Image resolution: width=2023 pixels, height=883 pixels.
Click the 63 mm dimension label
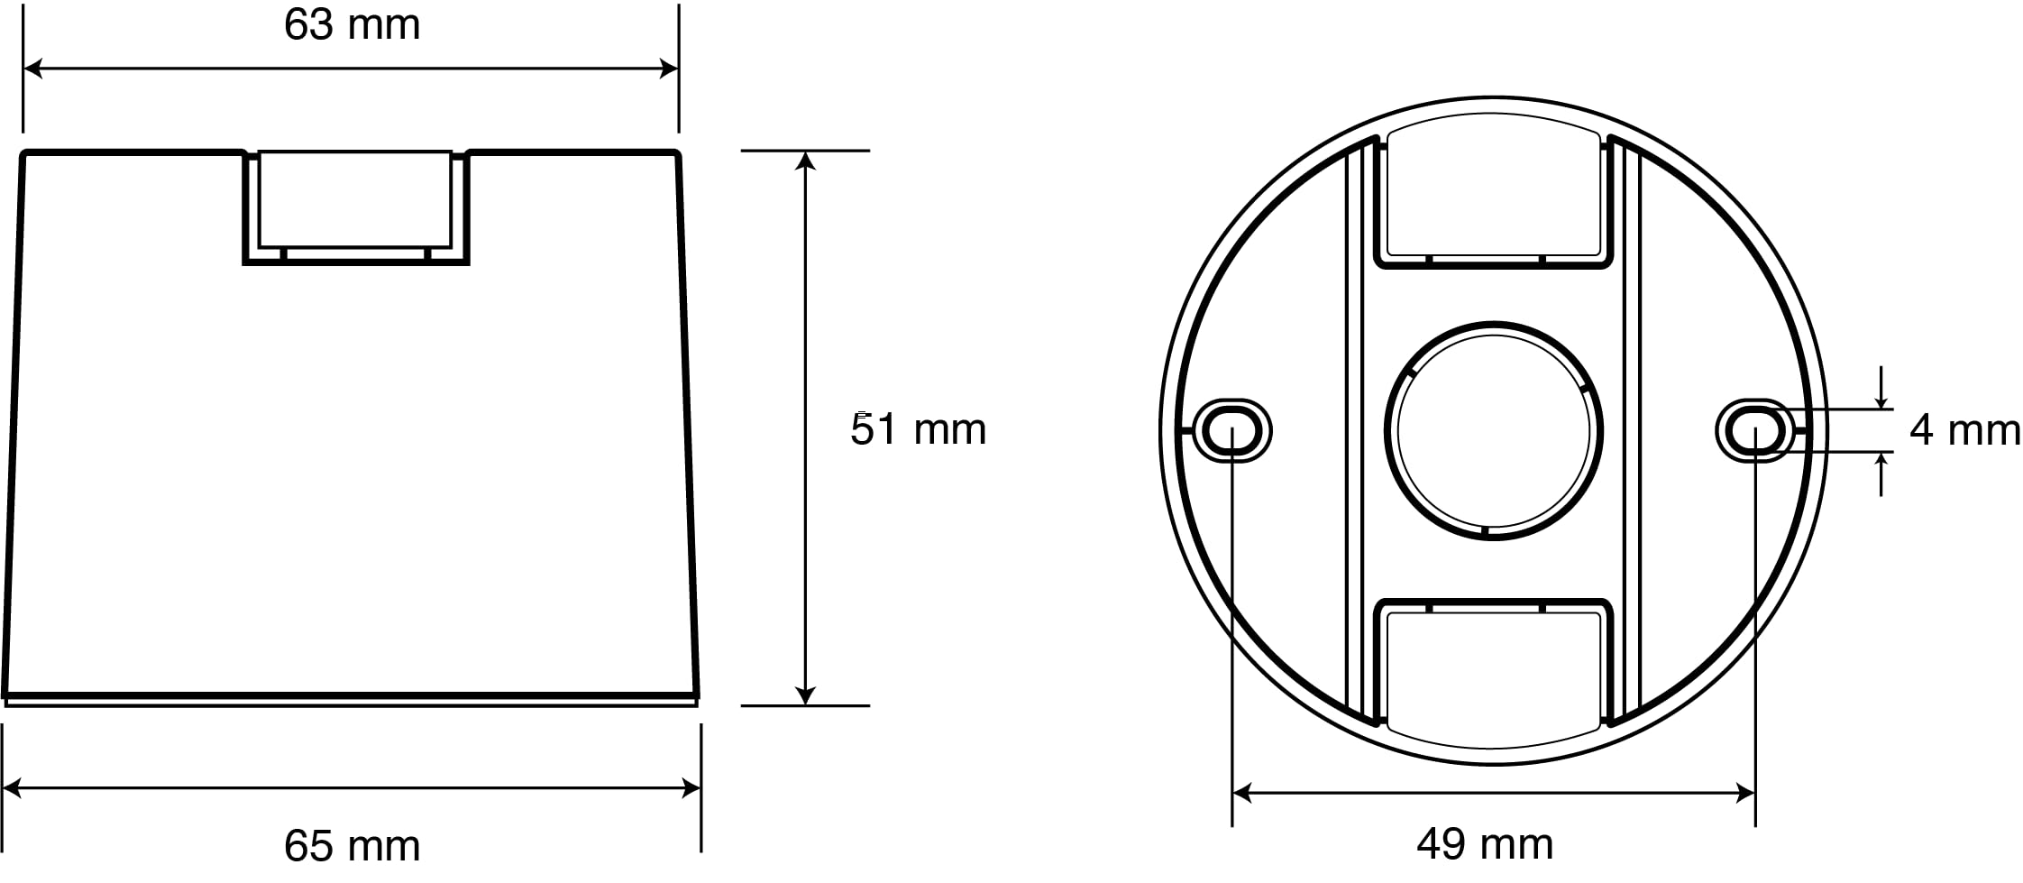click(x=352, y=25)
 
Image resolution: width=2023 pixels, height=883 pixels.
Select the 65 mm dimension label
click(x=352, y=846)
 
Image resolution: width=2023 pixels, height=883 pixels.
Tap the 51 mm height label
click(x=919, y=429)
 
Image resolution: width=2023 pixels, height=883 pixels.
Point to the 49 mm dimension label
click(x=1485, y=845)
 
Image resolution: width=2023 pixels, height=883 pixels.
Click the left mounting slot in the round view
click(x=1231, y=430)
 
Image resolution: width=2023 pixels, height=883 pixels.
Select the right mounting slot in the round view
click(x=1754, y=430)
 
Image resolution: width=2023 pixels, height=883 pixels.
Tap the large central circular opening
click(x=1494, y=430)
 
